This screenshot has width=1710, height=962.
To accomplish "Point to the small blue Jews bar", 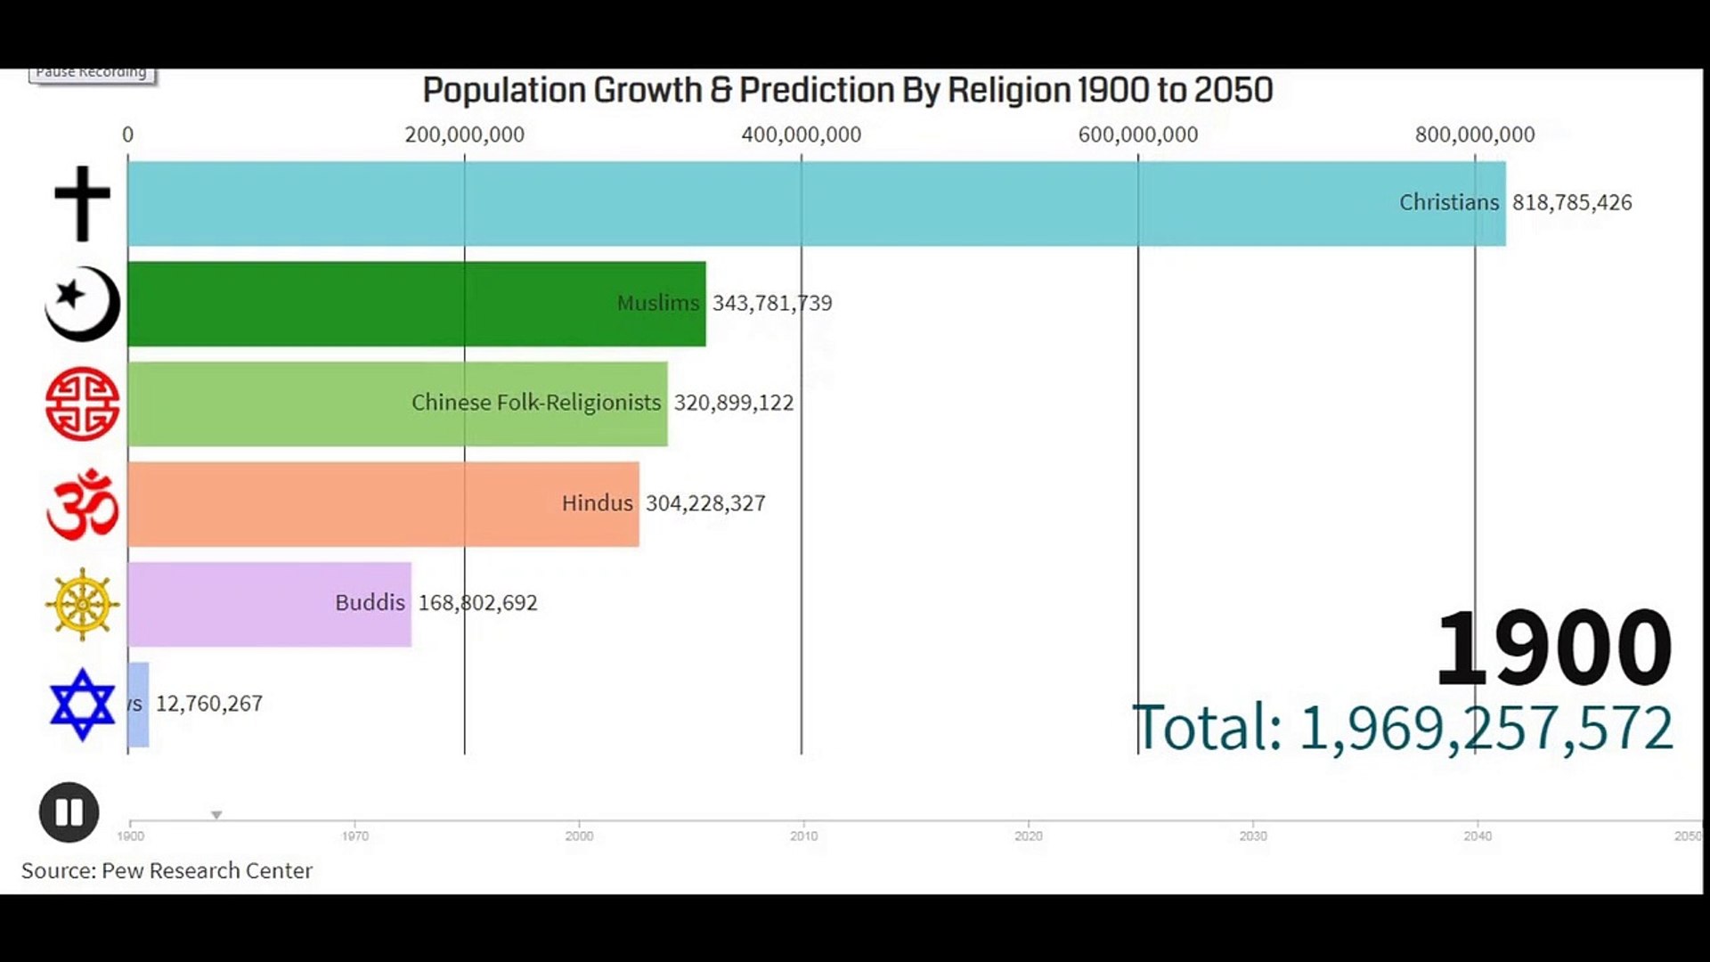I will pyautogui.click(x=138, y=705).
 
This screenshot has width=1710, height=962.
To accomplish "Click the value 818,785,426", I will pyautogui.click(x=1571, y=203).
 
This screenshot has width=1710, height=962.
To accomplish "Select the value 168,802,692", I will pyautogui.click(x=477, y=603).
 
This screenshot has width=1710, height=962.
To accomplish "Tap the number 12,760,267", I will pyautogui.click(x=209, y=704).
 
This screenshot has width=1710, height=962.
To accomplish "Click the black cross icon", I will pyautogui.click(x=82, y=203).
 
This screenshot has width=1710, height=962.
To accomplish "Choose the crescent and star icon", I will pyautogui.click(x=82, y=304).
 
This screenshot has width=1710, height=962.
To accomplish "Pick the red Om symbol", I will pyautogui.click(x=82, y=505).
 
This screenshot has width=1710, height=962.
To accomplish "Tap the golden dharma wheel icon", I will pyautogui.click(x=82, y=604).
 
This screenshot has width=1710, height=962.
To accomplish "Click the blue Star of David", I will pyautogui.click(x=82, y=705).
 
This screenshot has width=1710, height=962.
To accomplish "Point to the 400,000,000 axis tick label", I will pyautogui.click(x=801, y=135).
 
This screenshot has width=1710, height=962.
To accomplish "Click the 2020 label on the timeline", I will pyautogui.click(x=1028, y=836).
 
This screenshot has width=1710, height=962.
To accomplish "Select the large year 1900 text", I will pyautogui.click(x=1553, y=648).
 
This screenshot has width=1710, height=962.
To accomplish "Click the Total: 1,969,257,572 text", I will pyautogui.click(x=1402, y=729).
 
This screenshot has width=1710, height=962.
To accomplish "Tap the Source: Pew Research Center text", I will pyautogui.click(x=167, y=870).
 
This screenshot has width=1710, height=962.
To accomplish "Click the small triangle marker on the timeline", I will pyautogui.click(x=216, y=815).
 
